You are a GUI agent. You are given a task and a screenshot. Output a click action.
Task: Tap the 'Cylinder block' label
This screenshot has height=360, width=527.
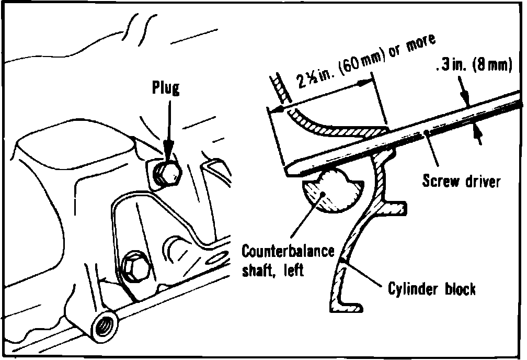point(432,289)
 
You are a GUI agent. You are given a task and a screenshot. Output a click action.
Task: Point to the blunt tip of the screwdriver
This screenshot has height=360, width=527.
point(292,171)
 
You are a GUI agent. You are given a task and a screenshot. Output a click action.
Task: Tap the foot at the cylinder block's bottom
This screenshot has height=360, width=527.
point(351,306)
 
